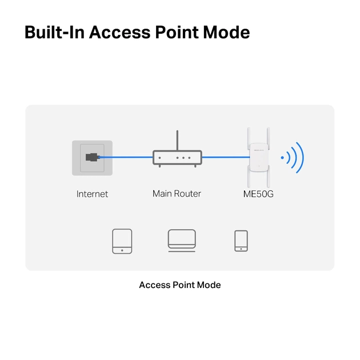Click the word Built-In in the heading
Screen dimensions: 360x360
pos(54,32)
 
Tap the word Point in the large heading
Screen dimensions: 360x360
pos(177,32)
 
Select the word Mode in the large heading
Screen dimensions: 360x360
pos(226,32)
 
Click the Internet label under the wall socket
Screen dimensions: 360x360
pos(92,194)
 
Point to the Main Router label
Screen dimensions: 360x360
pos(177,194)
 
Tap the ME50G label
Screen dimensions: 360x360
pos(258,194)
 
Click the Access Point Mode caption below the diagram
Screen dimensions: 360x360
pos(180,285)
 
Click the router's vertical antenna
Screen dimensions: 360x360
pos(177,141)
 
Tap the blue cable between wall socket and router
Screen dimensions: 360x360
pos(126,157)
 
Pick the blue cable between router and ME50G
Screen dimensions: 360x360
pos(226,157)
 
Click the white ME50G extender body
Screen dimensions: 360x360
pos(259,157)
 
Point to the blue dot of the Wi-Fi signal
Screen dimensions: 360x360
pos(282,158)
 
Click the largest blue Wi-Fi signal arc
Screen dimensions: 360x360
pos(300,158)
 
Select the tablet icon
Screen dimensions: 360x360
pos(122,241)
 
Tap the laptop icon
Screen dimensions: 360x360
pos(182,241)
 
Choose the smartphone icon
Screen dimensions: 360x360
pos(241,241)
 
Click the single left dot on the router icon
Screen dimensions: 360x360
pos(160,158)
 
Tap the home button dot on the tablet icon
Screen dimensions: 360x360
pos(122,250)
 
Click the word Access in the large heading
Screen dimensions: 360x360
pos(120,32)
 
